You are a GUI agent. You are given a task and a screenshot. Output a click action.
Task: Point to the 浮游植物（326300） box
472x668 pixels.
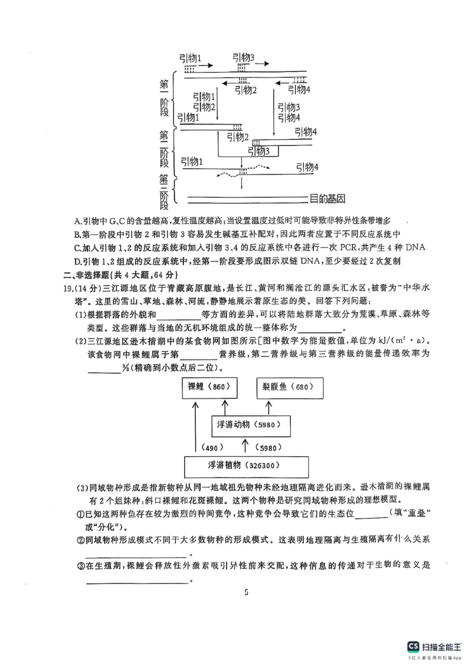click(x=246, y=466)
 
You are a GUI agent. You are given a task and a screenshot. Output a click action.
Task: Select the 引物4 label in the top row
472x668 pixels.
click(x=300, y=89)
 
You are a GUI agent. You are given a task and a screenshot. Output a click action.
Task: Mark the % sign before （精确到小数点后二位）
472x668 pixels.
click(x=126, y=368)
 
